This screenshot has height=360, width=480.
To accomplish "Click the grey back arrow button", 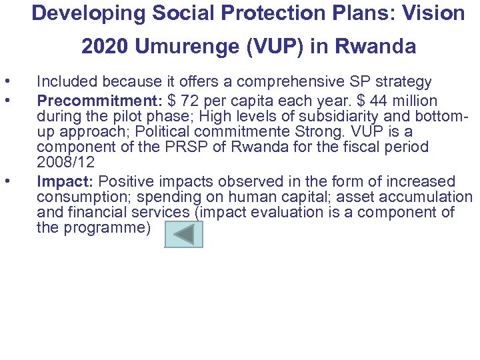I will (183, 234).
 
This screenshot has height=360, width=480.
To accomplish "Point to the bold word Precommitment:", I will (100, 101).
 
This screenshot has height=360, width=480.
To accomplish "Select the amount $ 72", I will (182, 101).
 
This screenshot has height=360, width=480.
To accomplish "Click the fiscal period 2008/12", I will (65, 162).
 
